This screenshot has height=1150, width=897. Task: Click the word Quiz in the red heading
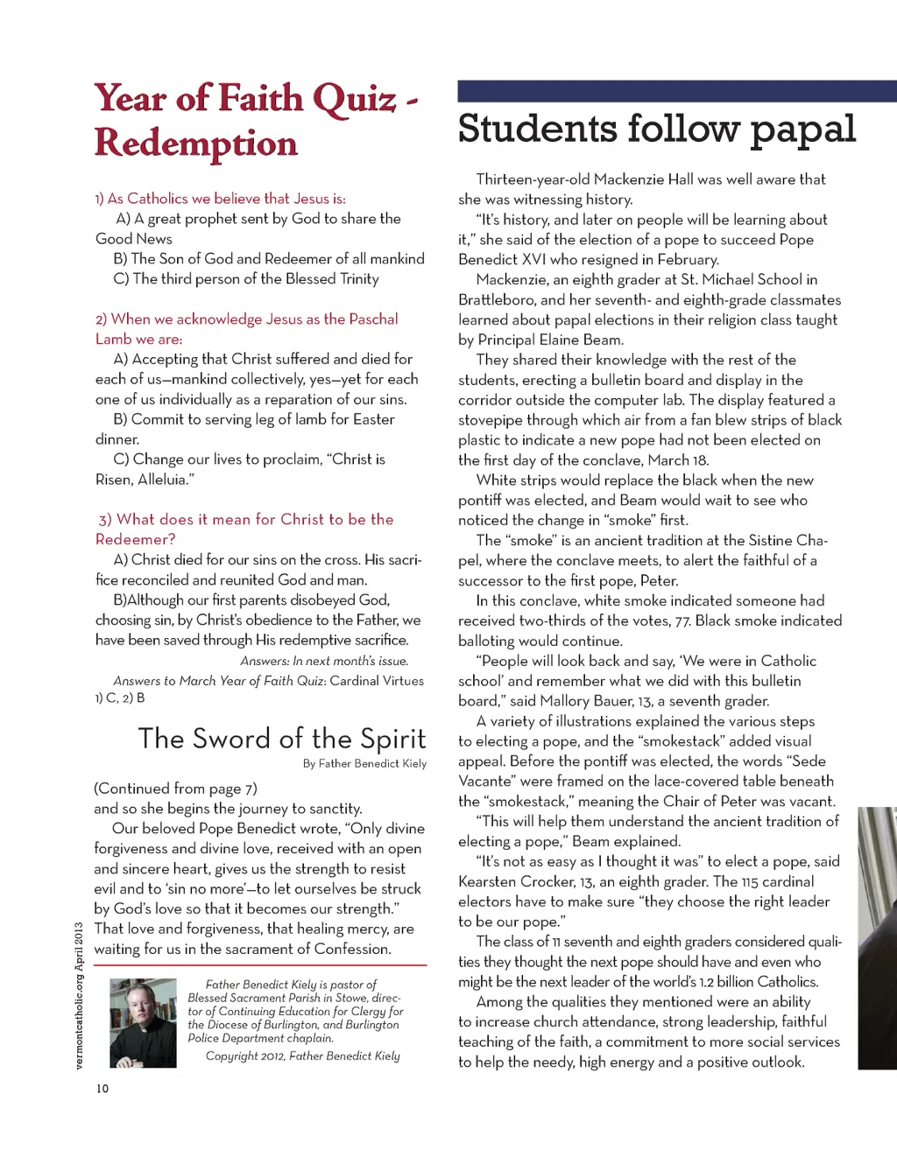353,99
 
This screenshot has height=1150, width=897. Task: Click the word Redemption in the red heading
196,144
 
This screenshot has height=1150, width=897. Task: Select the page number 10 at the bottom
102,1089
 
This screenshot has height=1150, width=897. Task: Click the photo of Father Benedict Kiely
143,1023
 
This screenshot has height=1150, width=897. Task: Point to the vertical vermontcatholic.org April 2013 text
78,995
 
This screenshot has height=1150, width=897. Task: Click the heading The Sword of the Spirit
282,739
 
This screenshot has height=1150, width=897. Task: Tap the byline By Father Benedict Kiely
364,763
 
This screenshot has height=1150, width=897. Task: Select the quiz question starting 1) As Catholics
221,199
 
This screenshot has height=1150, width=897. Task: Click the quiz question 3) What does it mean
245,520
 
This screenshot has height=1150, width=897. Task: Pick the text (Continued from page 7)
176,789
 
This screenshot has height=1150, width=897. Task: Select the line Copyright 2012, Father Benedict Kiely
302,1056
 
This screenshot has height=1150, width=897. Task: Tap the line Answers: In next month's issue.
324,661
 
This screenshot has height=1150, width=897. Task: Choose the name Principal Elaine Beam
550,340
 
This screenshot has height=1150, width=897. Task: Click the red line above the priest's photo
260,964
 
